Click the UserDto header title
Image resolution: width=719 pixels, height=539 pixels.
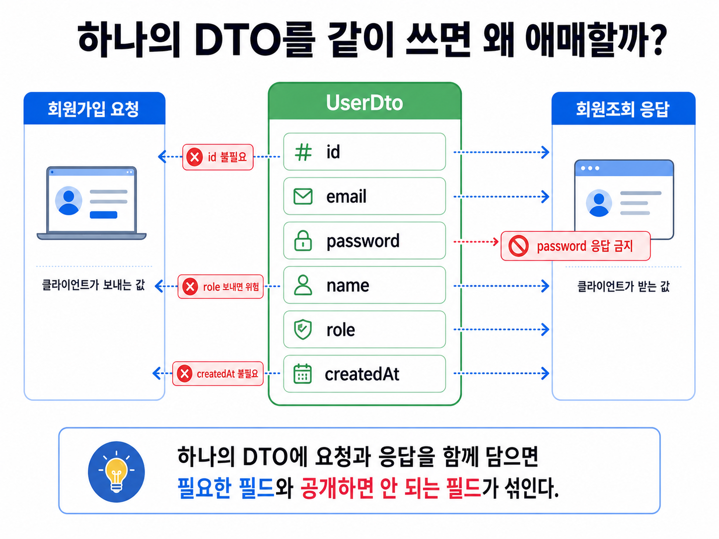tap(364, 102)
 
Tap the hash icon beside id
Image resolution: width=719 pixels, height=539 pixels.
tap(303, 152)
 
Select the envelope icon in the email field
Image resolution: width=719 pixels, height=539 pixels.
tap(303, 197)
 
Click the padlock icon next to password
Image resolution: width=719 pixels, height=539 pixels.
tap(303, 241)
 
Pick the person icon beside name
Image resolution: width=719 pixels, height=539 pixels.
tap(303, 285)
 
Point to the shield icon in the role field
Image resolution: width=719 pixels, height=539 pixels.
tap(303, 329)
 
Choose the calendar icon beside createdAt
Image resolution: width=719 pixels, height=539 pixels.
tap(303, 373)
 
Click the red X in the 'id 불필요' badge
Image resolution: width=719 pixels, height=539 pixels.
tap(195, 157)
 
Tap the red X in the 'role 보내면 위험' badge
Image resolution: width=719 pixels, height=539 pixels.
tap(190, 287)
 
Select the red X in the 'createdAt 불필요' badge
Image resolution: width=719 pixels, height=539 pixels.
tap(185, 373)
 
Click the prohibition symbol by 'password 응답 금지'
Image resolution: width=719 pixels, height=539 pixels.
tap(518, 246)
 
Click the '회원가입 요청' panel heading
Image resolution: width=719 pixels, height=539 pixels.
tap(94, 109)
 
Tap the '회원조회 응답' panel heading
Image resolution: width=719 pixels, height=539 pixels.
tap(623, 109)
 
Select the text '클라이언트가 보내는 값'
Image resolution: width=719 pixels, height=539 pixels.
tap(93, 285)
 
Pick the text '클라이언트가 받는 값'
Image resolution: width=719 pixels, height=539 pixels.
tap(623, 286)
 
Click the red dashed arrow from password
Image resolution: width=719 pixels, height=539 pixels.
tap(476, 242)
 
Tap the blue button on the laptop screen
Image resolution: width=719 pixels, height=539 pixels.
tap(103, 215)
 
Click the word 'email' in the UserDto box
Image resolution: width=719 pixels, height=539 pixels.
tap(346, 197)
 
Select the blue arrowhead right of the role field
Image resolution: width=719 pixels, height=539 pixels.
tap(545, 329)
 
